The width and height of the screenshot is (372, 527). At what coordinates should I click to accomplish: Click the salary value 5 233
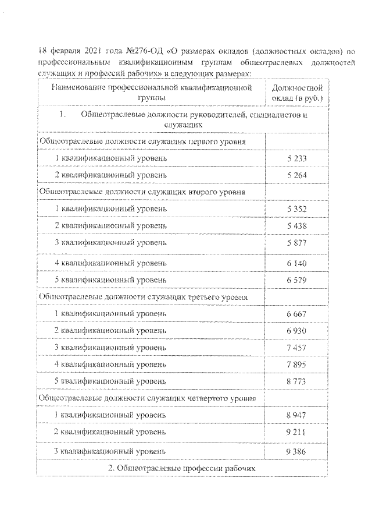(296, 158)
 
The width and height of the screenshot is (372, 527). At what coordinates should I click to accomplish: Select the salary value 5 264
(296, 175)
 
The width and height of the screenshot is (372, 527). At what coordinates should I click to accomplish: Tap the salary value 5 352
(296, 208)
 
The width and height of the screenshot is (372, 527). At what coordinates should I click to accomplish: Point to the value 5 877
(296, 242)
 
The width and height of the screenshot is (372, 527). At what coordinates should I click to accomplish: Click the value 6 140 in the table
(296, 263)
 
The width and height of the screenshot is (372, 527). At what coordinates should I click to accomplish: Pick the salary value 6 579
(296, 280)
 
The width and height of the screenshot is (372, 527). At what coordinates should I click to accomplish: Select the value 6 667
(296, 314)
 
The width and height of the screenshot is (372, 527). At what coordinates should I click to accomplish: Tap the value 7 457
(296, 348)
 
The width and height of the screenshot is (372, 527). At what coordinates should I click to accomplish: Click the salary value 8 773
(296, 381)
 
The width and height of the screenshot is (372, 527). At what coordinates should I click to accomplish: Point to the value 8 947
(296, 415)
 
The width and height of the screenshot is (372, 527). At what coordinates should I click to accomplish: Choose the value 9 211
(296, 432)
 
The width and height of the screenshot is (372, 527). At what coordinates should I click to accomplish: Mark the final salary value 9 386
(296, 451)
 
